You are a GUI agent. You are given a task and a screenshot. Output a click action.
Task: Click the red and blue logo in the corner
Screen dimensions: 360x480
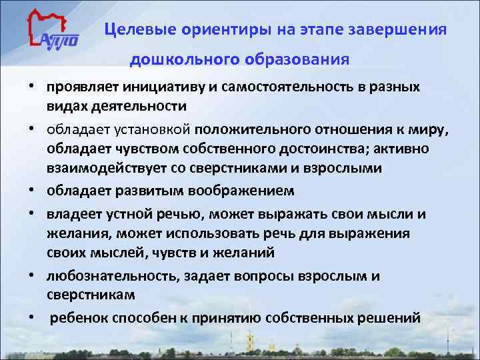pyautogui.click(x=53, y=33)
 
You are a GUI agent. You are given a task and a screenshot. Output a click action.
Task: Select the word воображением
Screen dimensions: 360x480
pyautogui.click(x=236, y=192)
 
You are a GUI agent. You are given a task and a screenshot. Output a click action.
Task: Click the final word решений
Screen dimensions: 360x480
pyautogui.click(x=393, y=318)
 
